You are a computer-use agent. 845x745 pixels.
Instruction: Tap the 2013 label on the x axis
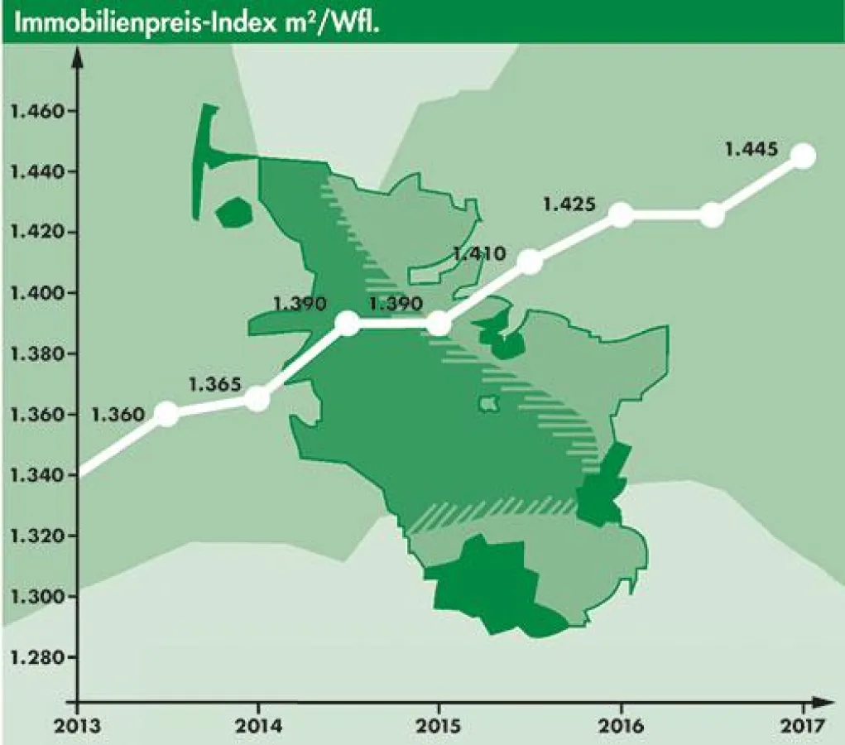click(77, 727)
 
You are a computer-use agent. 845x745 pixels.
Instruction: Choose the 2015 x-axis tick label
click(439, 727)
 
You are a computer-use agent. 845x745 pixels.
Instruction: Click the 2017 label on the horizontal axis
click(803, 727)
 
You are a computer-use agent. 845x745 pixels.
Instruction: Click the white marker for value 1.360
click(167, 414)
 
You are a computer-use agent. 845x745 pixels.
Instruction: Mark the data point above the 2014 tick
click(258, 399)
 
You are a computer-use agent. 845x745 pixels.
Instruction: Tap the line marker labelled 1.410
click(530, 262)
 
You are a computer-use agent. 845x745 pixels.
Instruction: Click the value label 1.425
click(569, 203)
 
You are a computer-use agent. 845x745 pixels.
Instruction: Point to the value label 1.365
click(215, 384)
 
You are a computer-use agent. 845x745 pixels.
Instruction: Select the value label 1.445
click(751, 150)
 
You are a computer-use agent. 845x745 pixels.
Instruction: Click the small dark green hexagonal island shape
click(233, 212)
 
